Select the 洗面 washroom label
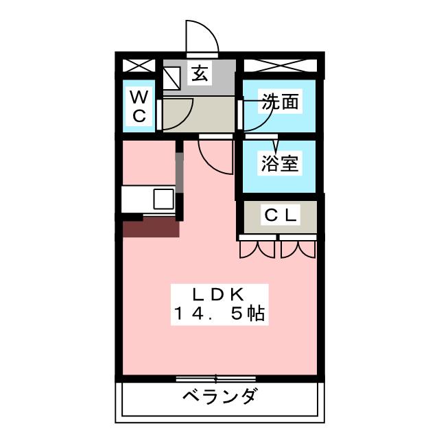coord(281,103)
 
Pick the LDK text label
coord(218,295)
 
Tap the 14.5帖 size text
coord(219,315)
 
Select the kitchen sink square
coord(164,200)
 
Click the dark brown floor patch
coord(151,227)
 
